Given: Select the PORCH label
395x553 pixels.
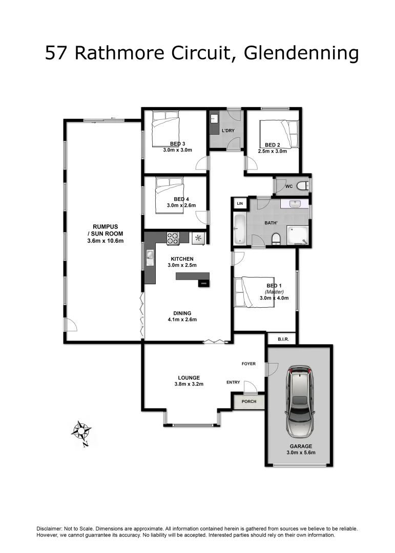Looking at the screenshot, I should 249,401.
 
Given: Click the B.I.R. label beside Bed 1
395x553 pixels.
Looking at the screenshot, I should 282,339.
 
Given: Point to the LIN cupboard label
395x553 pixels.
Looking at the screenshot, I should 240,204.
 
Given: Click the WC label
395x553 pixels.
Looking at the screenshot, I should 289,186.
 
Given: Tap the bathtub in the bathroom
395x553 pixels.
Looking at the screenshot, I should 240,229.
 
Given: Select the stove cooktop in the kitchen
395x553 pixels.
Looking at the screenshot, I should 173,238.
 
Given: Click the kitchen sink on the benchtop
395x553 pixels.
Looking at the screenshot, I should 150,257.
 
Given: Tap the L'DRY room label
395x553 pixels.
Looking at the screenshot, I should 228,131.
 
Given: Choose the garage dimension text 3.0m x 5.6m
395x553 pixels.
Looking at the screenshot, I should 301,453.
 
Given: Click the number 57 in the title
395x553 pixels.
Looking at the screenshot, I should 57,53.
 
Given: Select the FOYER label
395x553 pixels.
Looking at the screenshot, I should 248,364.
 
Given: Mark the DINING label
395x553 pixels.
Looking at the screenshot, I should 182,313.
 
